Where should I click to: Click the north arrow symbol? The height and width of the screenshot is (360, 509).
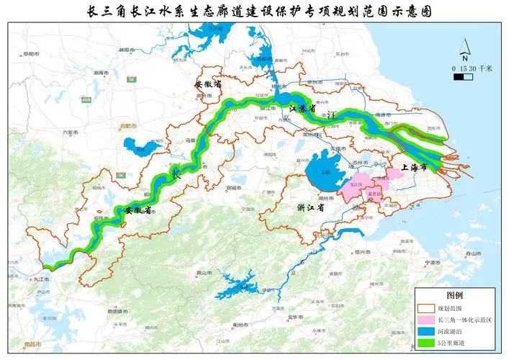(466, 52)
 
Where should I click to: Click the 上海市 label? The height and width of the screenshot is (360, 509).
(414, 167)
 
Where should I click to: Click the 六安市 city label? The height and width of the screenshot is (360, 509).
(71, 132)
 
